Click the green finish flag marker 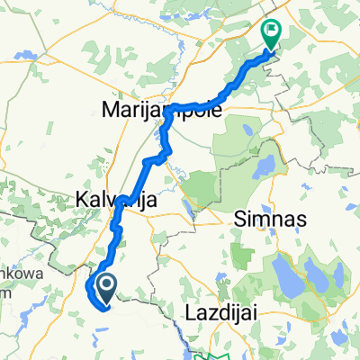coord(271,33)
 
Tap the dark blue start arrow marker coord(105,289)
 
